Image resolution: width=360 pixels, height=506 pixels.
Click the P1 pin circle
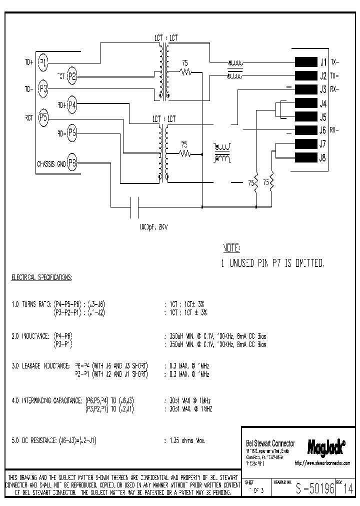pyautogui.click(x=43, y=62)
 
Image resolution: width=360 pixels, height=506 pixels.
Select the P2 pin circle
pyautogui.click(x=72, y=76)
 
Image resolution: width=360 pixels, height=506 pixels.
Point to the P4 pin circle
pyautogui.click(x=72, y=104)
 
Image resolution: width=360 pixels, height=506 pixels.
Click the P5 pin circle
pyautogui.click(x=43, y=118)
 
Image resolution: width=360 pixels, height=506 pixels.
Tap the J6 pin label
pyautogui.click(x=322, y=131)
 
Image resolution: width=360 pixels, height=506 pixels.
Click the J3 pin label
pyautogui.click(x=322, y=90)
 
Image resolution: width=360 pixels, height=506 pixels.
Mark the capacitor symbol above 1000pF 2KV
pyautogui.click(x=134, y=206)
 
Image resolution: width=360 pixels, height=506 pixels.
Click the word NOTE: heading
pyautogui.click(x=231, y=248)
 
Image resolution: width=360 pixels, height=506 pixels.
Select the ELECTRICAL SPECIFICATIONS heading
pyautogui.click(x=41, y=277)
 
